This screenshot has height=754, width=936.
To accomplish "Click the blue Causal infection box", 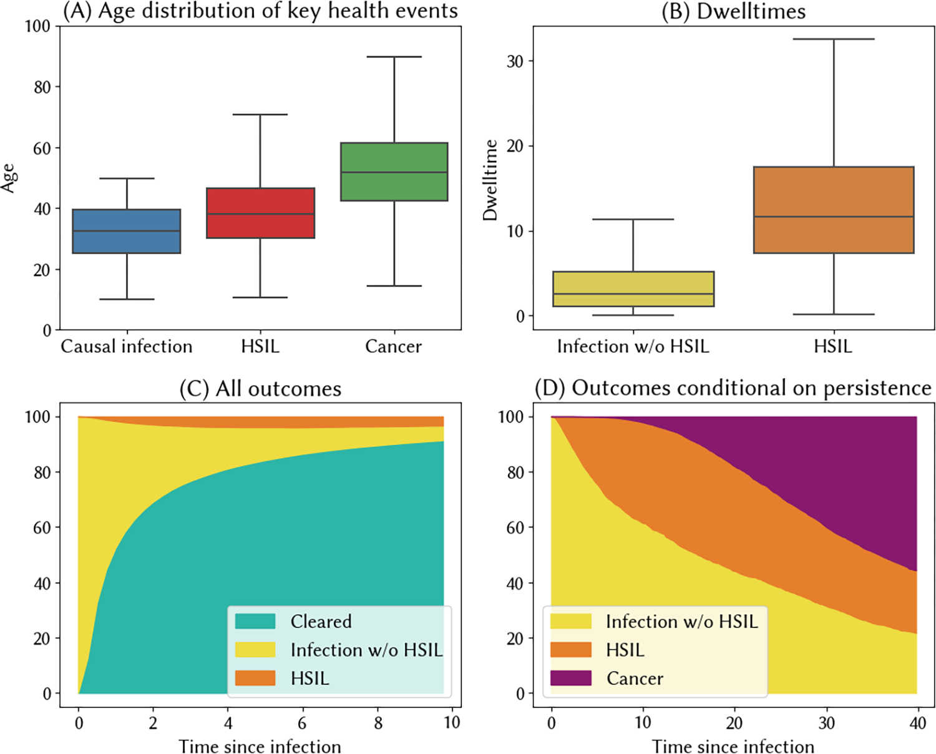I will click(x=127, y=231).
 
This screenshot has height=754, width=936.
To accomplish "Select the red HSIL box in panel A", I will click(x=260, y=213).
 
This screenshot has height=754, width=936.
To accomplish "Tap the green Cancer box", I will click(x=394, y=172).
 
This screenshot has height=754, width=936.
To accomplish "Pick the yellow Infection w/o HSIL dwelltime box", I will click(x=633, y=289).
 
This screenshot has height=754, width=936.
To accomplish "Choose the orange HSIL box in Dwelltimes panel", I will click(x=834, y=210).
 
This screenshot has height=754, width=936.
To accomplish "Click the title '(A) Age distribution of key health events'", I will click(x=260, y=11).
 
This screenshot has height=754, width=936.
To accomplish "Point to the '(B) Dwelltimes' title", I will click(x=733, y=11).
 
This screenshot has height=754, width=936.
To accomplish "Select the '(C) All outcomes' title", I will click(x=260, y=388).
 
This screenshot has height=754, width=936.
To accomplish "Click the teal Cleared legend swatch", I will click(x=255, y=621).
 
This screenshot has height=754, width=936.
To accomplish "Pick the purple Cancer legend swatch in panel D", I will click(x=570, y=678).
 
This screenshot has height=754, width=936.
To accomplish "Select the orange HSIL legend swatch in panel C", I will click(x=255, y=678).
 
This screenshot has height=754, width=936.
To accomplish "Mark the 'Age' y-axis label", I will click(x=8, y=177).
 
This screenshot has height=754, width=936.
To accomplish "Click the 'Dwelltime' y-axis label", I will click(x=490, y=180).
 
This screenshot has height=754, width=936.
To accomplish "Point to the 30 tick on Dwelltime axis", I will click(x=515, y=61).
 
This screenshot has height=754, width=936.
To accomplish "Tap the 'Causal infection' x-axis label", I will click(x=127, y=346).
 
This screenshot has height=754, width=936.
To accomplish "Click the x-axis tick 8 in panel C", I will click(x=378, y=723).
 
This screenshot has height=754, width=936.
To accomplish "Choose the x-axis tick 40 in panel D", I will click(x=917, y=723).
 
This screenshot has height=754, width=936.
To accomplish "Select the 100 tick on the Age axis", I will click(x=37, y=26).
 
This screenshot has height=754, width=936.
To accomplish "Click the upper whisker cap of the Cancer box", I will click(x=394, y=57).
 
